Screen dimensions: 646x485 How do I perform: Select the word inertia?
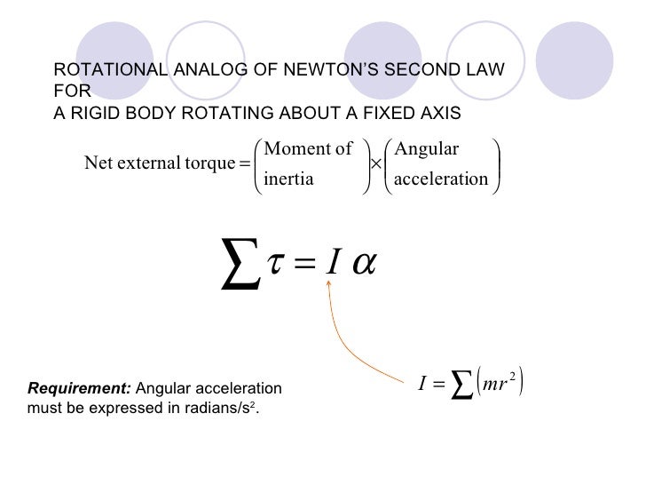pos(289,179)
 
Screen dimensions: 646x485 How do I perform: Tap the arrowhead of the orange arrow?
pos(330,282)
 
